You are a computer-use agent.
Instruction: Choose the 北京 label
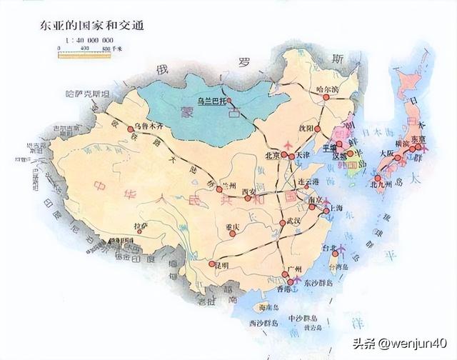coord(272,155)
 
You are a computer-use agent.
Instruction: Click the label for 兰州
coord(228,182)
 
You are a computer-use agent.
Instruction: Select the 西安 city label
coord(249,191)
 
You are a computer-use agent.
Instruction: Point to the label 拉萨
coord(141,226)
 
